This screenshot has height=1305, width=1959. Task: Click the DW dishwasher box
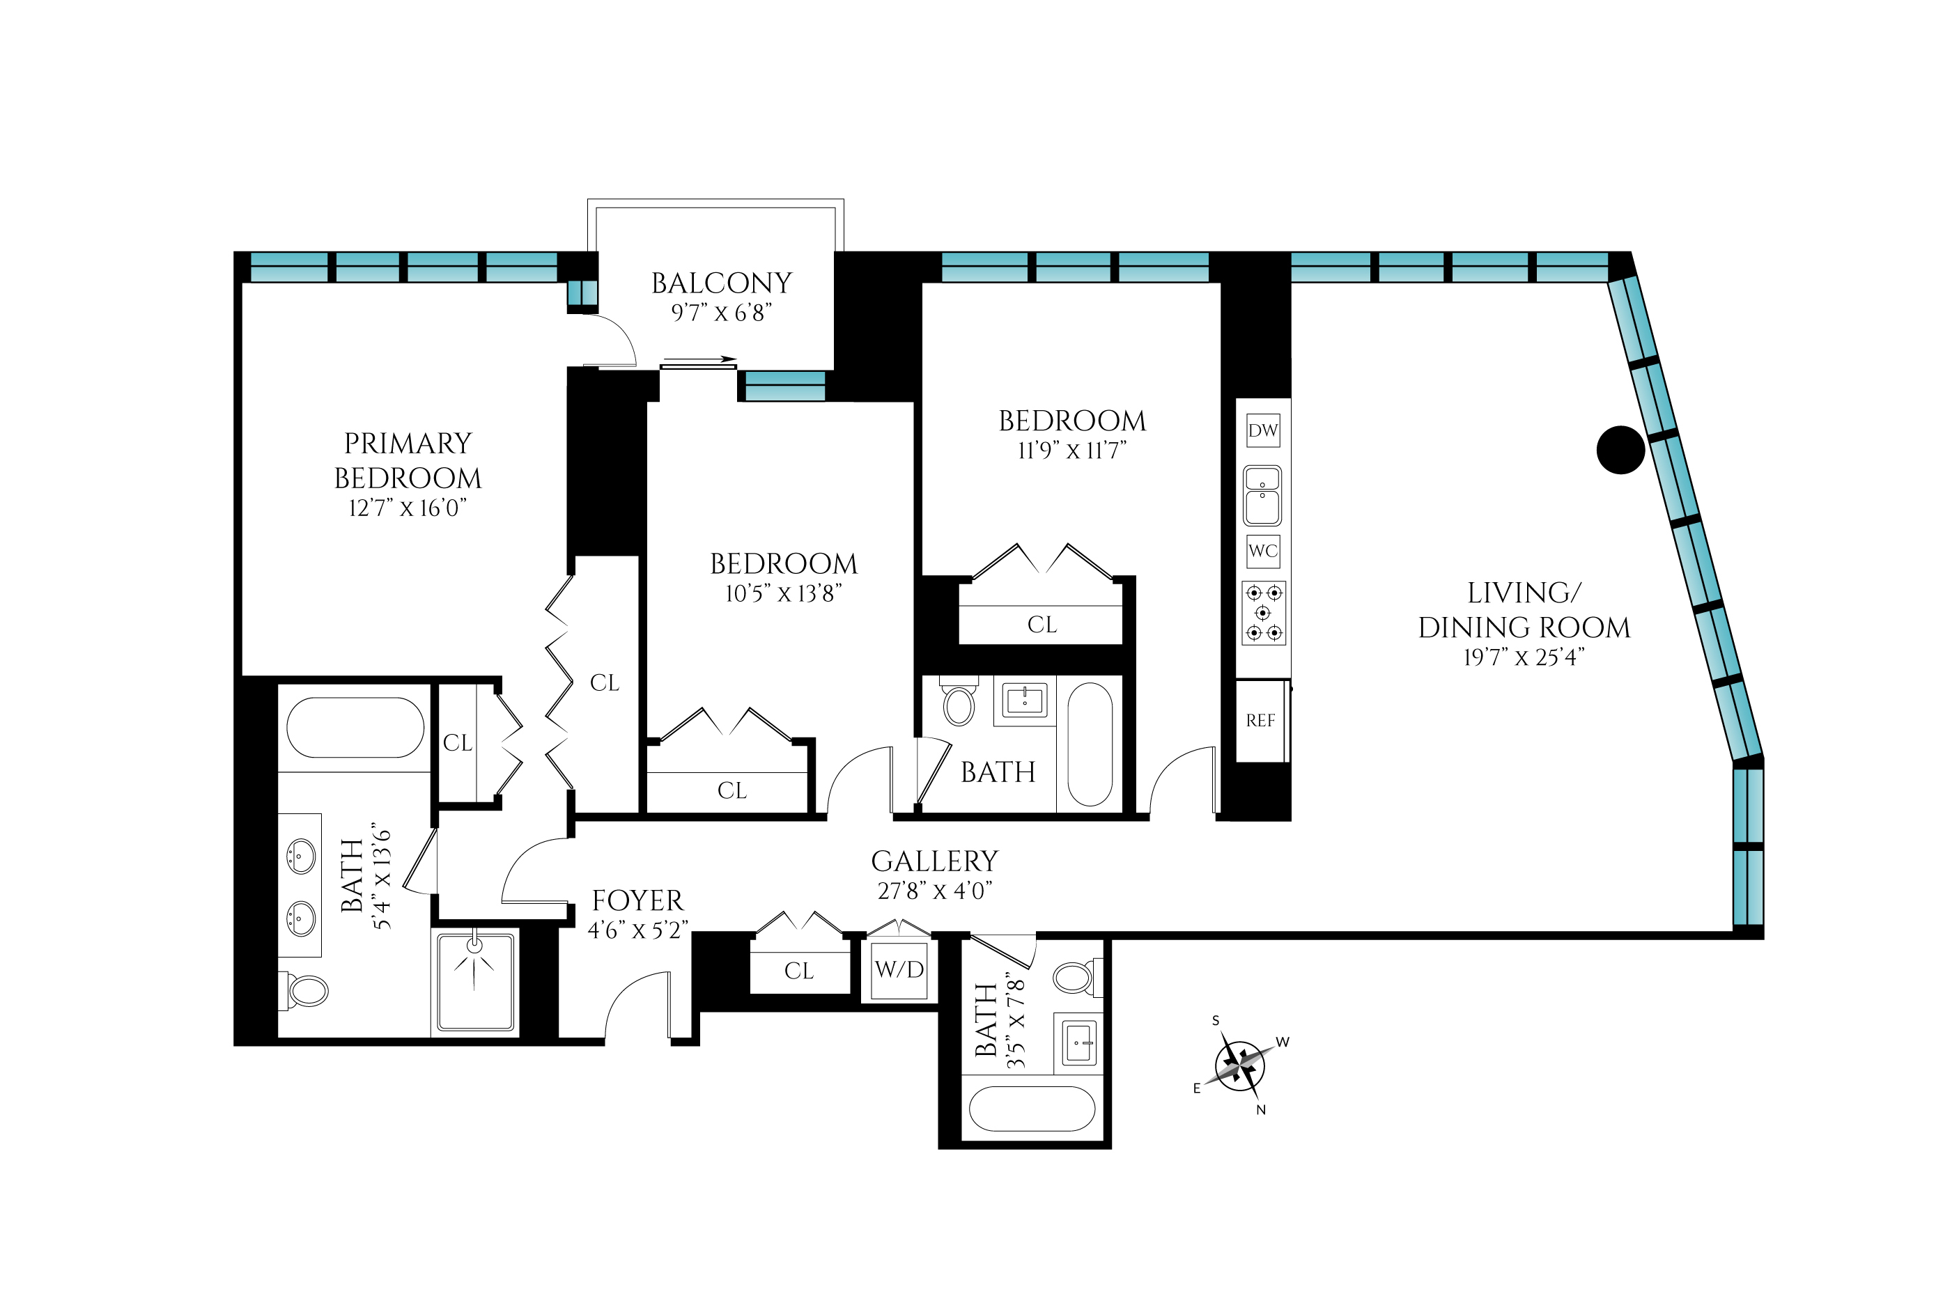(x=1262, y=430)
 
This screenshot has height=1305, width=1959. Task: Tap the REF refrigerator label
(x=1260, y=721)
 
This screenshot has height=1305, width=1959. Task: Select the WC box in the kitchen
(x=1263, y=551)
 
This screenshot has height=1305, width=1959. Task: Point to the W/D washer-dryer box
(x=899, y=969)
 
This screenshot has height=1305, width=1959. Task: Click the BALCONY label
(x=721, y=283)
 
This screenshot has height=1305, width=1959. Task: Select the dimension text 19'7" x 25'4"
(x=1524, y=657)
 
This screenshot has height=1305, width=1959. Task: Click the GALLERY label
(x=934, y=861)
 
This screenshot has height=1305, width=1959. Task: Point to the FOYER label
(x=637, y=900)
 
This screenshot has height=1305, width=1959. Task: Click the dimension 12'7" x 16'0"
(x=407, y=508)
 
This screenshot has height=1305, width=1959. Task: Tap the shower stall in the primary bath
(x=475, y=981)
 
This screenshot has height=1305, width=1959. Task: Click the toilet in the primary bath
(x=304, y=990)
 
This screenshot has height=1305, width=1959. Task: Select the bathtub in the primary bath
(x=355, y=728)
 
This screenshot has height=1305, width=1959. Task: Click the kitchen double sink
(x=1262, y=495)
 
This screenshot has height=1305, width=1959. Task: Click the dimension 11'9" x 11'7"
(x=1072, y=451)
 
